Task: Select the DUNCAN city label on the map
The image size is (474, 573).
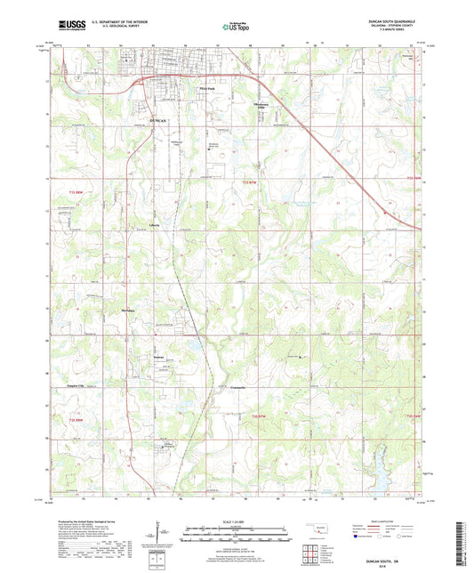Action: [x=158, y=119]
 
